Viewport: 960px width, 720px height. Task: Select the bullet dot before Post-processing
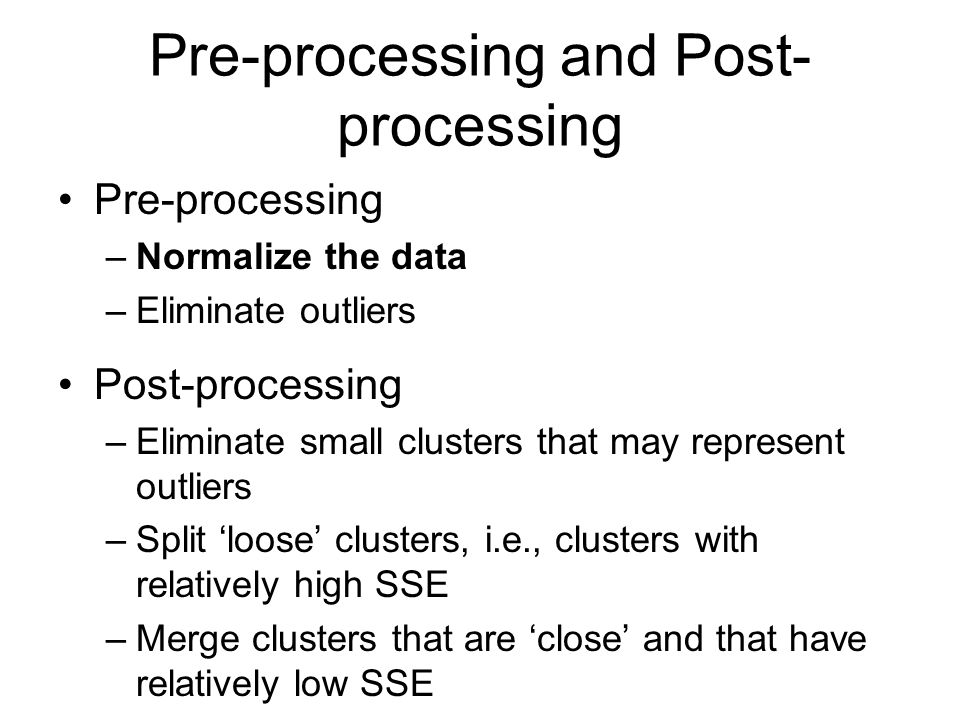tap(66, 385)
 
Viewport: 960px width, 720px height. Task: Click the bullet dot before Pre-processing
tap(66, 200)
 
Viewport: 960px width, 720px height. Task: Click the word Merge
tap(187, 640)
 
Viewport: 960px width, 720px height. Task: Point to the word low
tap(320, 684)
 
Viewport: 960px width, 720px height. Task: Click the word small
tap(341, 442)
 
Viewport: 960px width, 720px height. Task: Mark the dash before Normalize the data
tap(116, 258)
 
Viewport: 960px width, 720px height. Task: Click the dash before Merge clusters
tap(116, 640)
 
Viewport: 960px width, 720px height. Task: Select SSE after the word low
tap(397, 684)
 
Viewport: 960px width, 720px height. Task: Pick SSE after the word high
tap(411, 585)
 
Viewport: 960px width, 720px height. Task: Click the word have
tap(828, 639)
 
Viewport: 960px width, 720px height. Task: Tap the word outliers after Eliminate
tap(358, 310)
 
